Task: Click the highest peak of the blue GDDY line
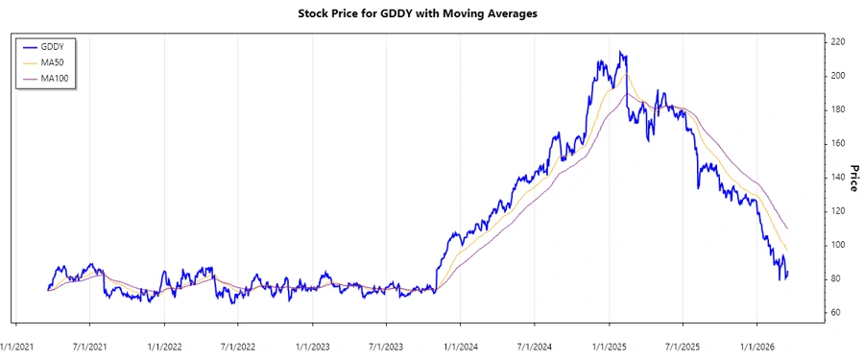click(x=620, y=52)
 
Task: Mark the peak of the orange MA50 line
click(x=626, y=74)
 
